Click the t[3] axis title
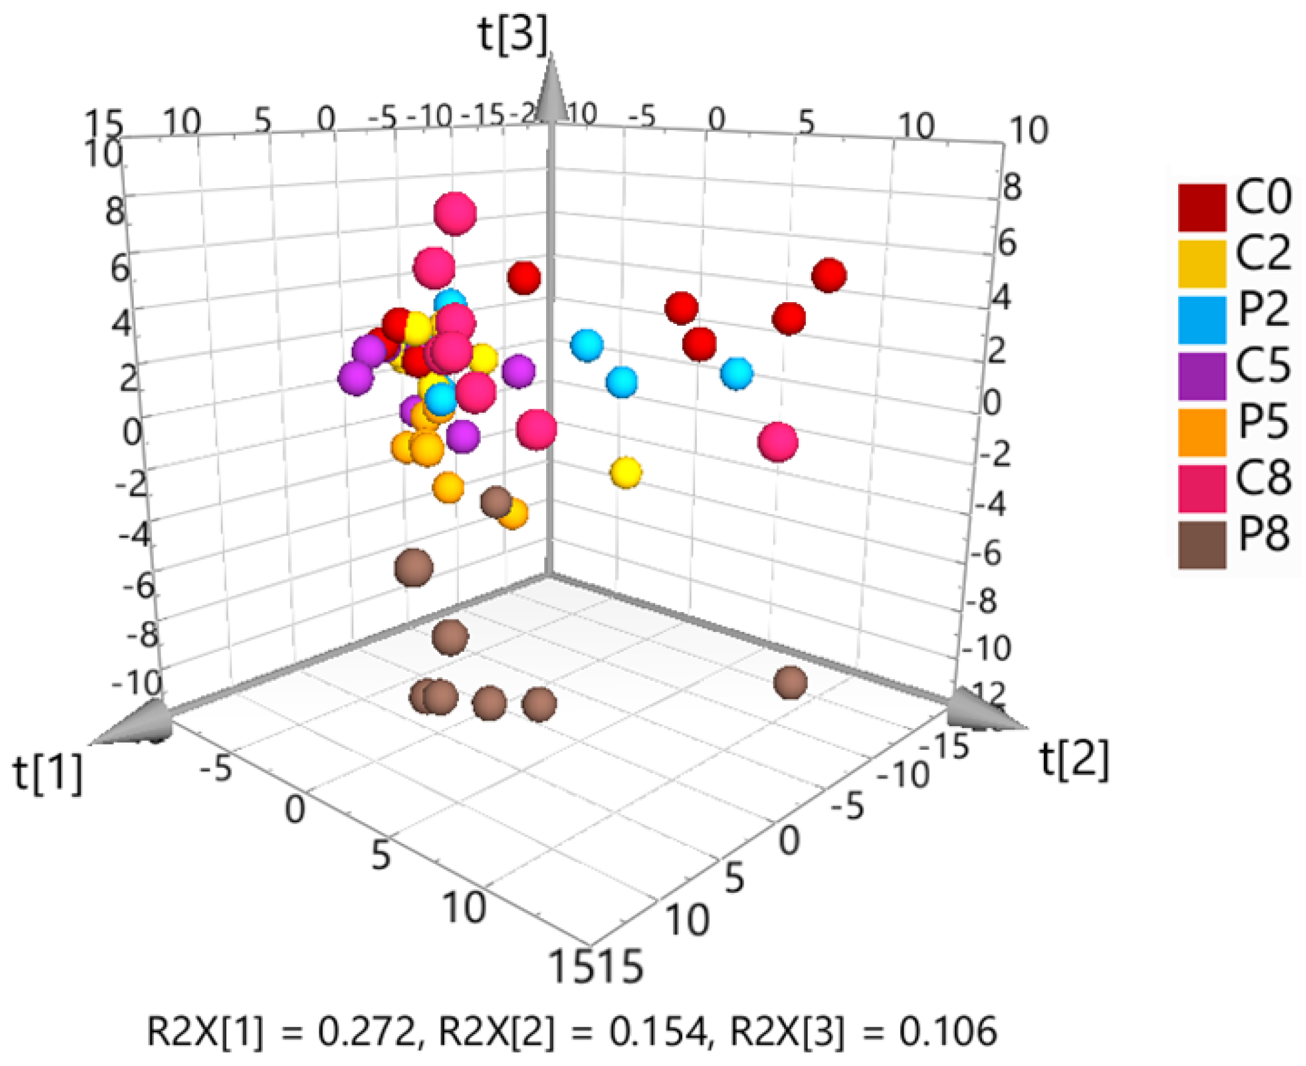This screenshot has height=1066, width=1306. pos(513,35)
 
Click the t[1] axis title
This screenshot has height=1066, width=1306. pos(48,774)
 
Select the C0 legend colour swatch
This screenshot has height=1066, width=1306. pos(1202,207)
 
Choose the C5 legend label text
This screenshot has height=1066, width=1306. pos(1263,365)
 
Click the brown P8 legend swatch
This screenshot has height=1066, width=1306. pos(1202,545)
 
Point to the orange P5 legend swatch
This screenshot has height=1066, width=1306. pos(1202,432)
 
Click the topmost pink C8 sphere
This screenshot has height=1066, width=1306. pos(455,213)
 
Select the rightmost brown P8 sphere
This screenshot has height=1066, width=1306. pos(790,682)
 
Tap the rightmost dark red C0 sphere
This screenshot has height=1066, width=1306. pos(829,276)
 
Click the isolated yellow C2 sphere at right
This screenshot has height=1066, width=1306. pos(626,472)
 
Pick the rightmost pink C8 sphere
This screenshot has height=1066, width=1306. pos(778,442)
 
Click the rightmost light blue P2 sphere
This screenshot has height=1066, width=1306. pos(736,373)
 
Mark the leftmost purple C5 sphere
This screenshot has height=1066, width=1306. pos(356,378)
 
